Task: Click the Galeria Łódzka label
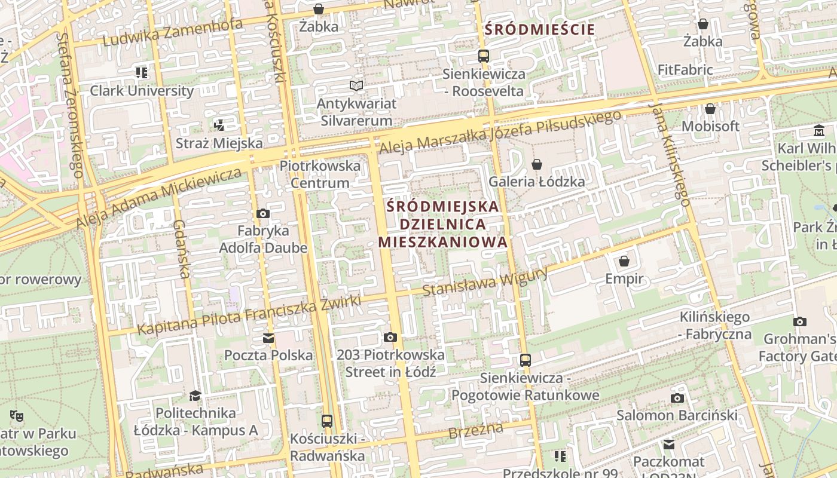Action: pyautogui.click(x=536, y=182)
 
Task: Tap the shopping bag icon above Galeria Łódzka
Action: pyautogui.click(x=537, y=164)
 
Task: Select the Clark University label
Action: pyautogui.click(x=142, y=91)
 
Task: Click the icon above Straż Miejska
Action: pyautogui.click(x=219, y=125)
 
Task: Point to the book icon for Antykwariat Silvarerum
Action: pyautogui.click(x=356, y=86)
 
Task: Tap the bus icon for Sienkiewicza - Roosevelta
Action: pyautogui.click(x=484, y=56)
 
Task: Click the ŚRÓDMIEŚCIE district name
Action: pyautogui.click(x=540, y=29)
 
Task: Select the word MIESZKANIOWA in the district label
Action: pyautogui.click(x=442, y=242)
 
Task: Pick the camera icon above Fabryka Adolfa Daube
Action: pyautogui.click(x=262, y=213)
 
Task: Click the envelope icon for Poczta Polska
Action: pyautogui.click(x=268, y=338)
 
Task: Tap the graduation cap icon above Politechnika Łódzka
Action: pyautogui.click(x=195, y=396)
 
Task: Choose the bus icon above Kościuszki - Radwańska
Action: pyautogui.click(x=327, y=421)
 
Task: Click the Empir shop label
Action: pyautogui.click(x=624, y=278)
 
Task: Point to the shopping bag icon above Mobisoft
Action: pyautogui.click(x=710, y=109)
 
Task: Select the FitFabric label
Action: pyautogui.click(x=685, y=70)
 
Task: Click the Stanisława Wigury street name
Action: pyautogui.click(x=485, y=282)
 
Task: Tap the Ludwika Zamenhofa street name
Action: pyautogui.click(x=173, y=32)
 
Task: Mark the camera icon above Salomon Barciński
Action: pyautogui.click(x=677, y=398)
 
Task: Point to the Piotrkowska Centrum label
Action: pyautogui.click(x=320, y=174)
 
